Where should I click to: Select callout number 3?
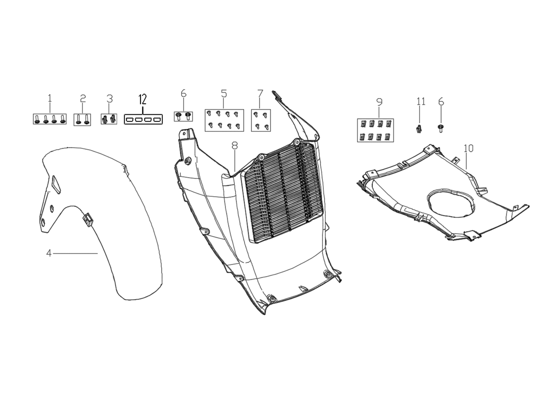tap(110, 99)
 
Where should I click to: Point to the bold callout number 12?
tap(143, 99)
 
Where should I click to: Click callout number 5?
tap(224, 93)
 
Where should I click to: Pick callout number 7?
tap(260, 93)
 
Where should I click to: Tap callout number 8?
tap(235, 146)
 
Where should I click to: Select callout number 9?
tap(379, 102)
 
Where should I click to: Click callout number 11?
tap(421, 101)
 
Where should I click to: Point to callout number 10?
tap(469, 148)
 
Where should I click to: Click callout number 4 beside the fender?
tap(49, 253)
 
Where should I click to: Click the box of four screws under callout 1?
tap(50, 119)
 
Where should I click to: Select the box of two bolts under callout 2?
tap(82, 119)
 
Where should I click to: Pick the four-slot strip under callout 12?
tap(143, 119)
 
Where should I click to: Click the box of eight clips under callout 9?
tap(375, 130)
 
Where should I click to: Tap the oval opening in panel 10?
tap(451, 202)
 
